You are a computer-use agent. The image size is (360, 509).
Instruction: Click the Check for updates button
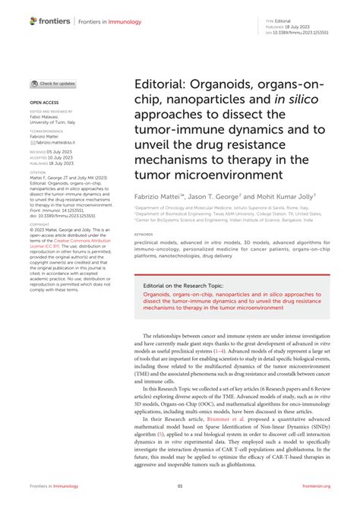[x=52, y=84]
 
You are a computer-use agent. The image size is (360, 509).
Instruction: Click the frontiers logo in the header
[x=49, y=22]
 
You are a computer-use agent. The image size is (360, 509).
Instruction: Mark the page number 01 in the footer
[x=180, y=486]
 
